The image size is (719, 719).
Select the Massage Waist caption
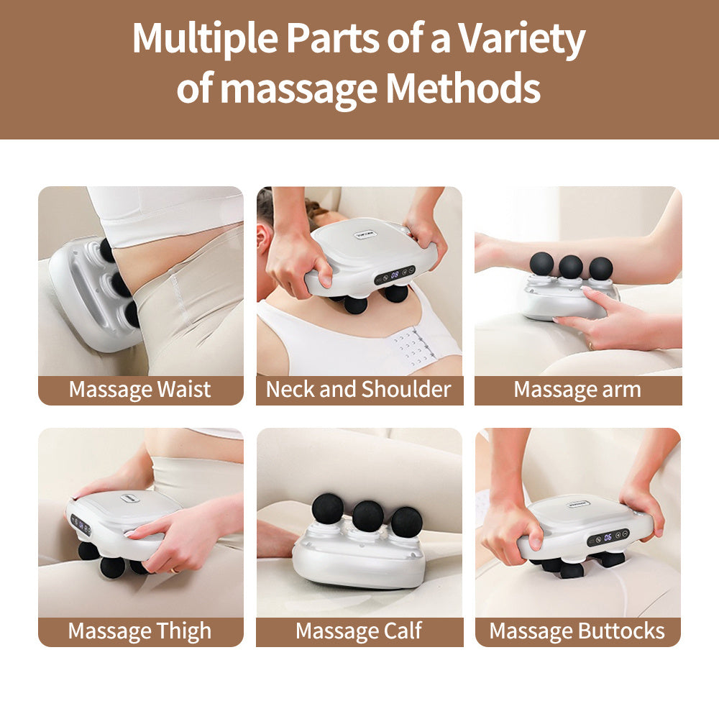click(x=140, y=390)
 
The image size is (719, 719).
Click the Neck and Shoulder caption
click(x=359, y=390)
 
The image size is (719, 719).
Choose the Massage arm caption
click(x=577, y=390)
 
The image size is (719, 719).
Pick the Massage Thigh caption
click(x=140, y=631)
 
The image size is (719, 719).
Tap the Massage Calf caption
click(x=359, y=631)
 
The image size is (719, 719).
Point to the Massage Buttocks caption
click(x=577, y=631)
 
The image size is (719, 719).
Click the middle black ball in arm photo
click(x=571, y=266)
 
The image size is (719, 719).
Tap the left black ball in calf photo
click(x=328, y=508)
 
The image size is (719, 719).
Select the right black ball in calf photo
click(x=407, y=521)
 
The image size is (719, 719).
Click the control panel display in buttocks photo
click(x=608, y=536)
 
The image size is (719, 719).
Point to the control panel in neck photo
click(x=395, y=274)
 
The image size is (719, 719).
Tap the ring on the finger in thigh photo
click(x=173, y=569)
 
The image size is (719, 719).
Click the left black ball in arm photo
click(x=542, y=263)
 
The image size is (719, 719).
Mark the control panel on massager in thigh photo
click(x=81, y=524)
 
